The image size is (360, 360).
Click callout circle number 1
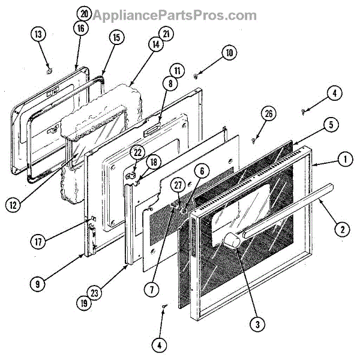(344, 160)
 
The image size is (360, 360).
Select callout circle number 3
(257, 325)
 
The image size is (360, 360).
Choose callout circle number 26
(269, 114)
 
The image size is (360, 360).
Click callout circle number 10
(228, 53)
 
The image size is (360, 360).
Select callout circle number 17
(38, 242)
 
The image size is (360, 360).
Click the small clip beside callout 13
(47, 70)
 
